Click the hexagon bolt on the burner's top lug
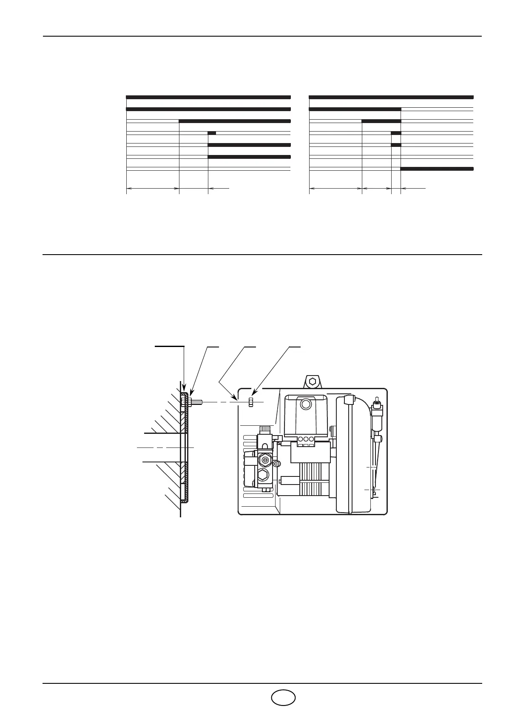coord(313,380)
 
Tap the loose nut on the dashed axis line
coord(251,402)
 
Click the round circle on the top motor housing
coord(305,404)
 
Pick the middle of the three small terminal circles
coord(305,439)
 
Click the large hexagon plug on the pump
coord(263,476)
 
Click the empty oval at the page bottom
coord(283,697)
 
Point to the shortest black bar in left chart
coord(212,133)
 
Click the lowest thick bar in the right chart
coord(437,169)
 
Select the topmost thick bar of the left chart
coord(208,97)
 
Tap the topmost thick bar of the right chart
coord(391,97)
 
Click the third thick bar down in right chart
coord(381,121)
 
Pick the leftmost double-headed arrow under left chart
coord(153,188)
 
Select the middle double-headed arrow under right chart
coord(376,188)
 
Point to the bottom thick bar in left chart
coord(249,157)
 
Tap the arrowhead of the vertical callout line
coord(184,388)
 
